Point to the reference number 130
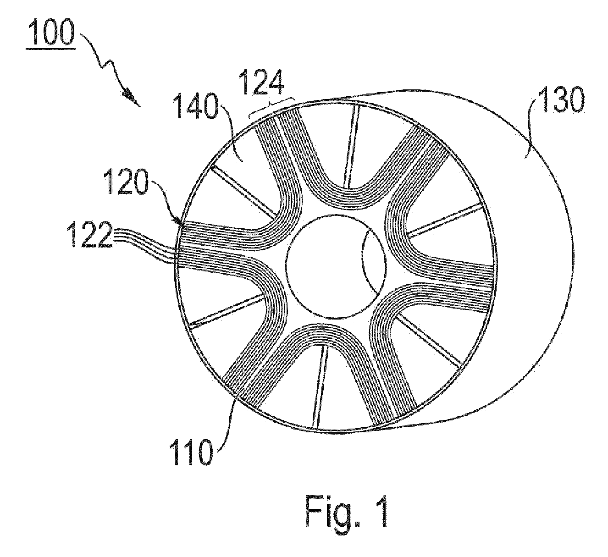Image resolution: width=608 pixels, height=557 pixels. tap(561, 99)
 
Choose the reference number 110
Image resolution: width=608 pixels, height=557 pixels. tap(191, 452)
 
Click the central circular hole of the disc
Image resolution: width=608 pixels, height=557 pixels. tap(336, 267)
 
